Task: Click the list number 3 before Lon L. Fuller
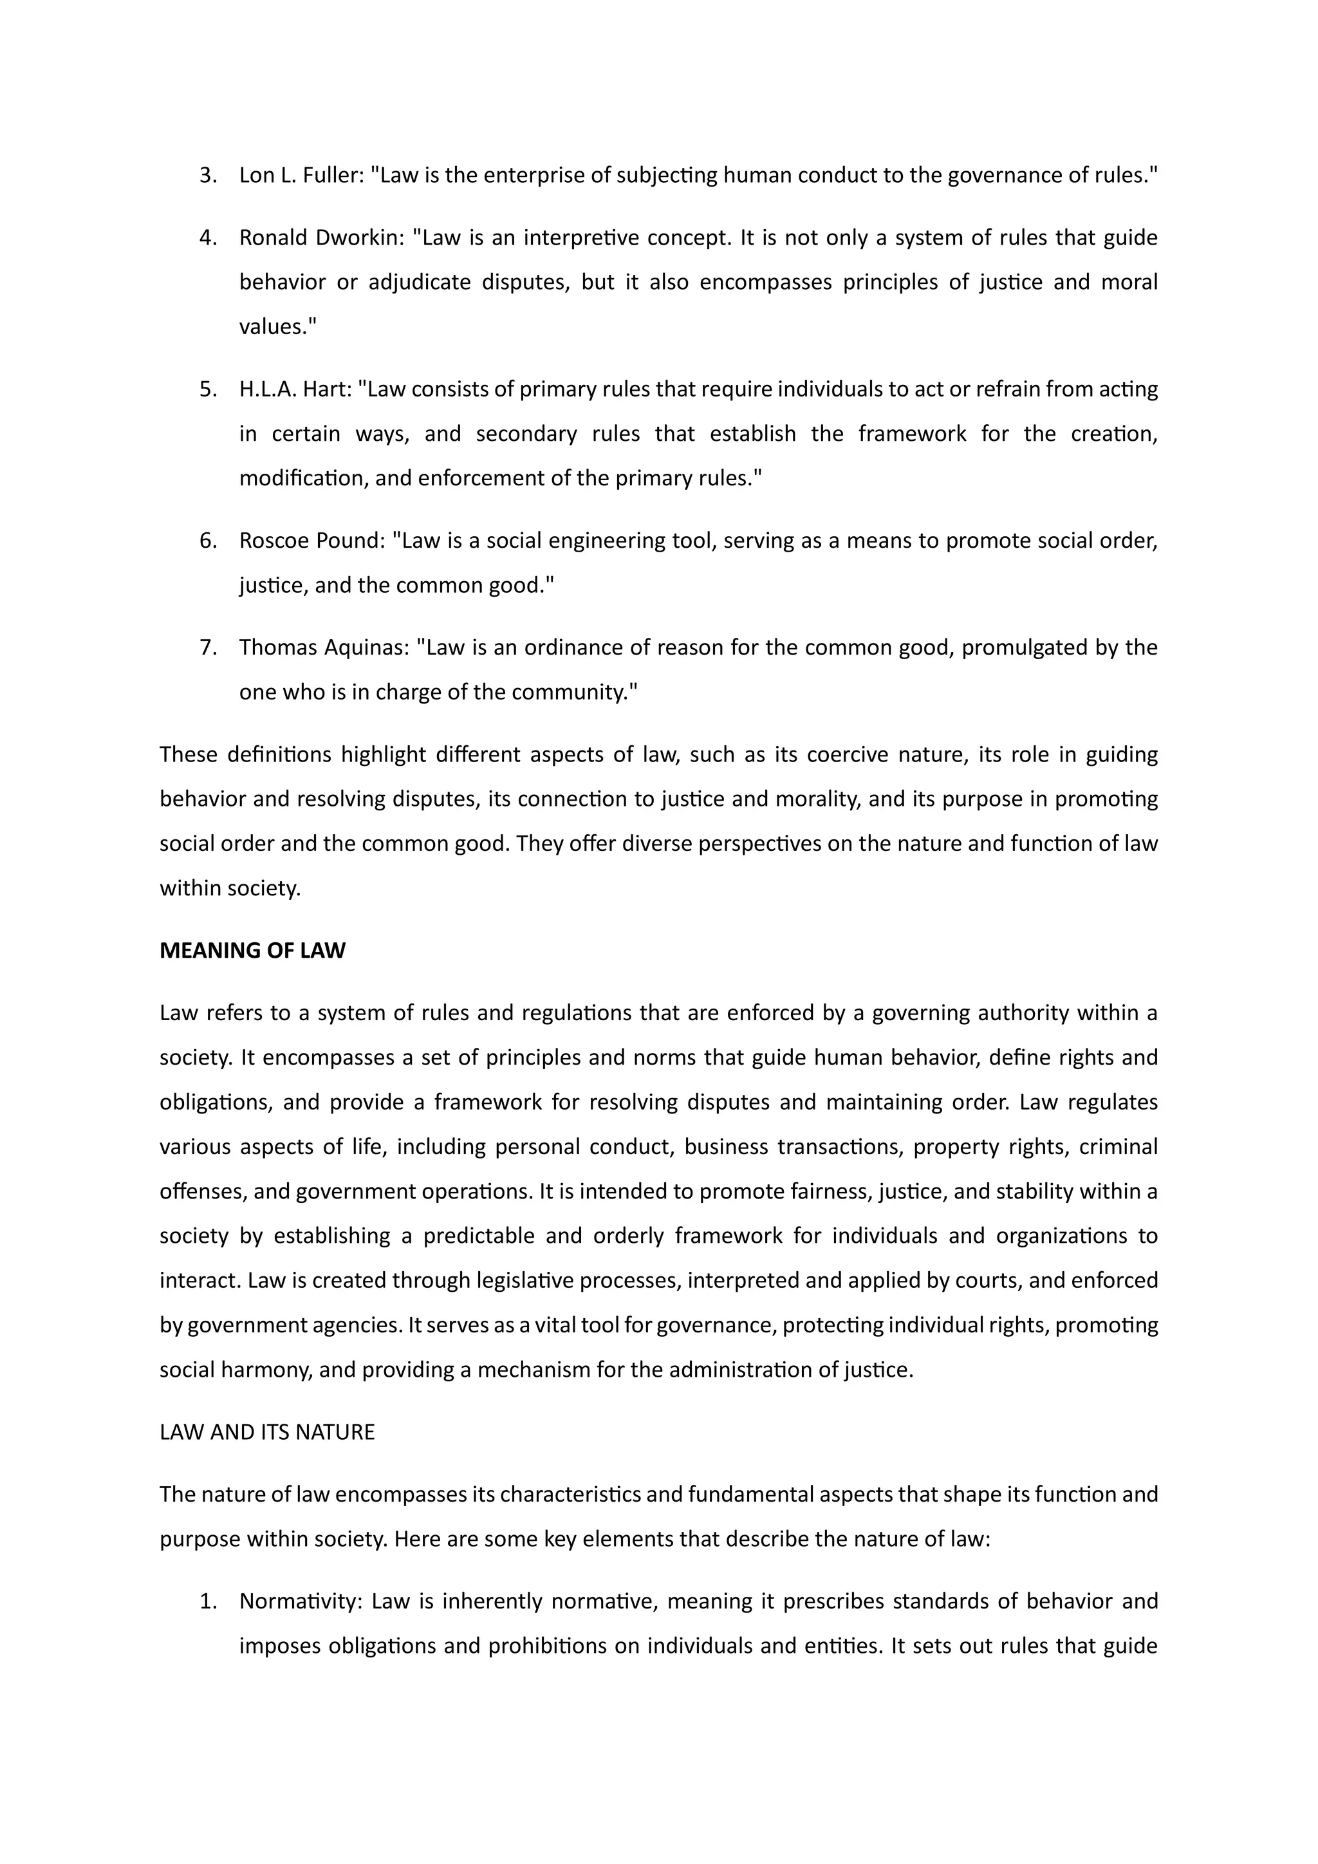pyautogui.click(x=207, y=175)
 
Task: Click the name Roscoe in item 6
pyautogui.click(x=274, y=541)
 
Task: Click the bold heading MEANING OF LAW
pyautogui.click(x=252, y=951)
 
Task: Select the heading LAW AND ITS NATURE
pyautogui.click(x=267, y=1432)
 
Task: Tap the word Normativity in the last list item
pyautogui.click(x=299, y=1602)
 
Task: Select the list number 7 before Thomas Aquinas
pyautogui.click(x=207, y=648)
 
